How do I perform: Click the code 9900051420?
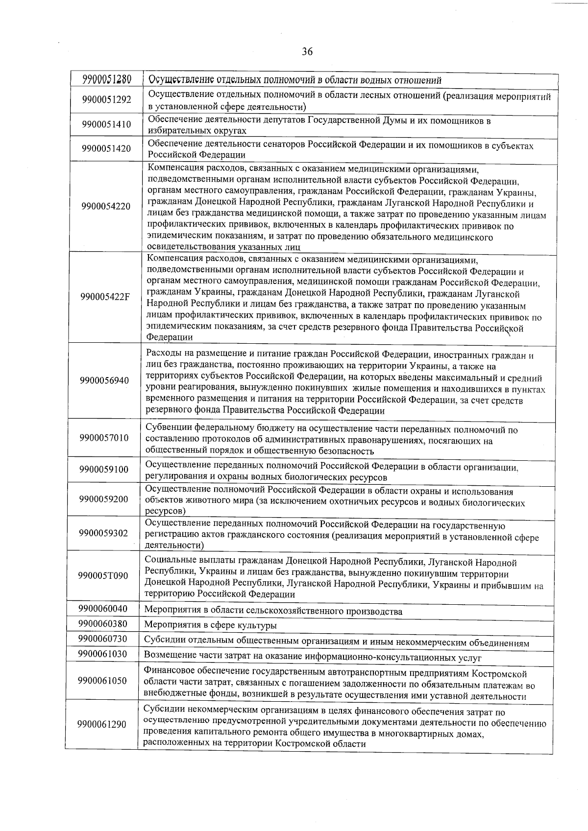pos(106,148)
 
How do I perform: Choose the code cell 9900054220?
pos(106,206)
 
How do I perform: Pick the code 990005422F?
pos(105,297)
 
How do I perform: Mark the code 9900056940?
pos(104,380)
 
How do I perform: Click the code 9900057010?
pos(104,438)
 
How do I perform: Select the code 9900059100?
pos(104,470)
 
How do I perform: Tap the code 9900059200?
pos(103,499)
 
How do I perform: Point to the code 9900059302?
pos(103,533)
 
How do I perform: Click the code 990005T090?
pos(103,575)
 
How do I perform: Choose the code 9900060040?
pos(103,609)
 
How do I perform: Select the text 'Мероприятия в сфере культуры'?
pos(210,625)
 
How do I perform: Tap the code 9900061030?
pos(102,654)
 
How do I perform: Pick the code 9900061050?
pos(102,681)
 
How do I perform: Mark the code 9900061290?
pos(101,724)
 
